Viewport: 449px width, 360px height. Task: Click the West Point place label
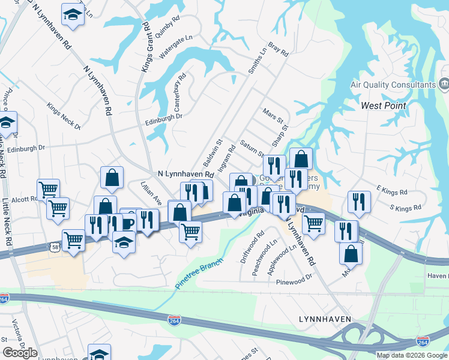click(384, 106)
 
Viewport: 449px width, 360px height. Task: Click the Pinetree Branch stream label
click(199, 274)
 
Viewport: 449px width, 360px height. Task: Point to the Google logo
click(20, 353)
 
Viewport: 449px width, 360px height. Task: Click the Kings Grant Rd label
click(145, 47)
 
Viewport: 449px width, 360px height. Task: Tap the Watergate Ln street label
click(175, 46)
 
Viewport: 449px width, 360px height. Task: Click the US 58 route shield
click(54, 247)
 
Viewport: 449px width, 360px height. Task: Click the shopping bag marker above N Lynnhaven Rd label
click(112, 177)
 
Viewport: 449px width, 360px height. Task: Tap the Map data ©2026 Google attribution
click(412, 355)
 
